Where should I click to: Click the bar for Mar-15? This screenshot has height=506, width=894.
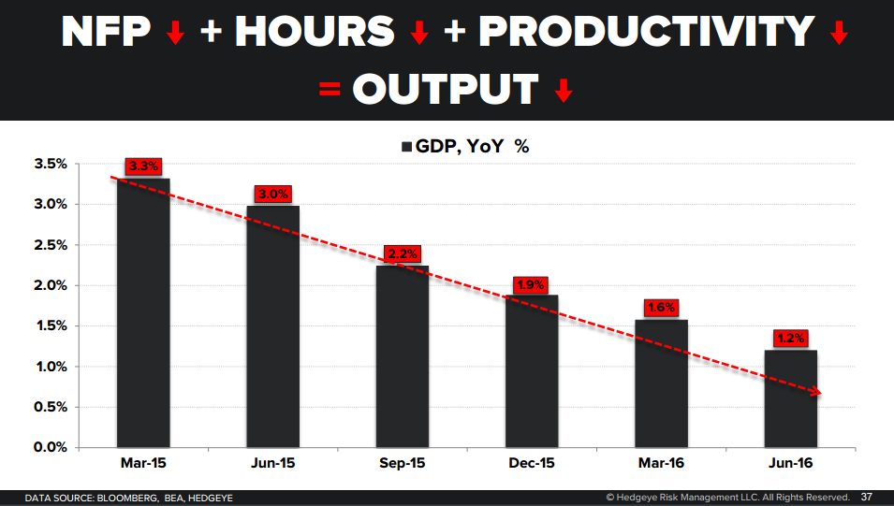(144, 312)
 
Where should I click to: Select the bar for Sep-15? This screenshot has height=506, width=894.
(403, 356)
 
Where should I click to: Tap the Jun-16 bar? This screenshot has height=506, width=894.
(790, 398)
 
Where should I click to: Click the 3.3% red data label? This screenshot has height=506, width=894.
(144, 166)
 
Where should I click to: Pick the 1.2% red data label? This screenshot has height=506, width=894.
(790, 339)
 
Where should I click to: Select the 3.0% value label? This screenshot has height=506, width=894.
(273, 194)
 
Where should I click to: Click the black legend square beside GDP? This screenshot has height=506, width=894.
(407, 147)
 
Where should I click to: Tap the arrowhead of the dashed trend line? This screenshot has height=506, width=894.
(816, 392)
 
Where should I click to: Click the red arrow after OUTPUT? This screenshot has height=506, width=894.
(563, 91)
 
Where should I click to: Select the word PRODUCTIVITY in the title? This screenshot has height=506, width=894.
(646, 33)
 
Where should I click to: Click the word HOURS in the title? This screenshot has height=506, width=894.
(315, 33)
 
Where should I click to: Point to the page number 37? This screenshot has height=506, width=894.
(867, 497)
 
